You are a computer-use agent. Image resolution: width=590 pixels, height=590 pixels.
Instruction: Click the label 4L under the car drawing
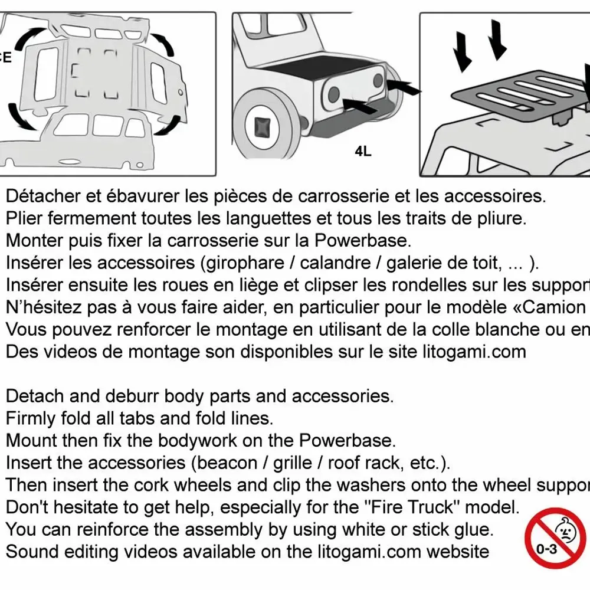pyautogui.click(x=363, y=152)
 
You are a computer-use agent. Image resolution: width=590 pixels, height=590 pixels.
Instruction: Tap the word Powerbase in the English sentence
pyautogui.click(x=346, y=441)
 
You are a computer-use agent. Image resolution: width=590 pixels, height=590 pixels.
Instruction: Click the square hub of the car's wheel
pyautogui.click(x=261, y=127)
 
